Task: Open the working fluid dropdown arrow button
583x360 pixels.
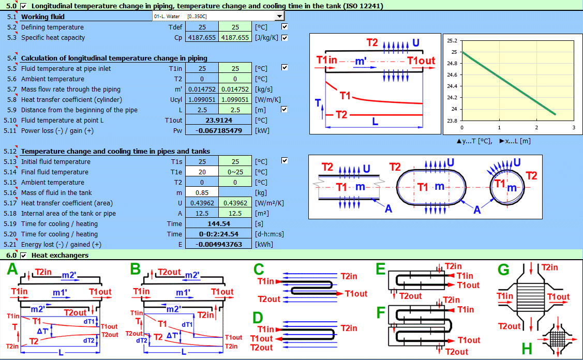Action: click(280, 17)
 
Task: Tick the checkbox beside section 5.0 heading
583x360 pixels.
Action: click(24, 6)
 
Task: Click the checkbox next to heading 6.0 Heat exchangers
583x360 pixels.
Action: click(24, 255)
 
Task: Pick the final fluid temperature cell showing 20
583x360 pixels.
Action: click(202, 172)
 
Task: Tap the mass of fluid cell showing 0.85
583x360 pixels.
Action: click(202, 192)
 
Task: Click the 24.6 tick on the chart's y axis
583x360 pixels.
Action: click(452, 74)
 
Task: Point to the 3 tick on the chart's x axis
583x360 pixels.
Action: click(574, 127)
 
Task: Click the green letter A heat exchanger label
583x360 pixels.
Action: click(12, 270)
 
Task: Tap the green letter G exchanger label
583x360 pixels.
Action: click(503, 270)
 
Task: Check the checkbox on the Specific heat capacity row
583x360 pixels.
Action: click(285, 37)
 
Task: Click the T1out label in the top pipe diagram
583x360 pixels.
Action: click(421, 61)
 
